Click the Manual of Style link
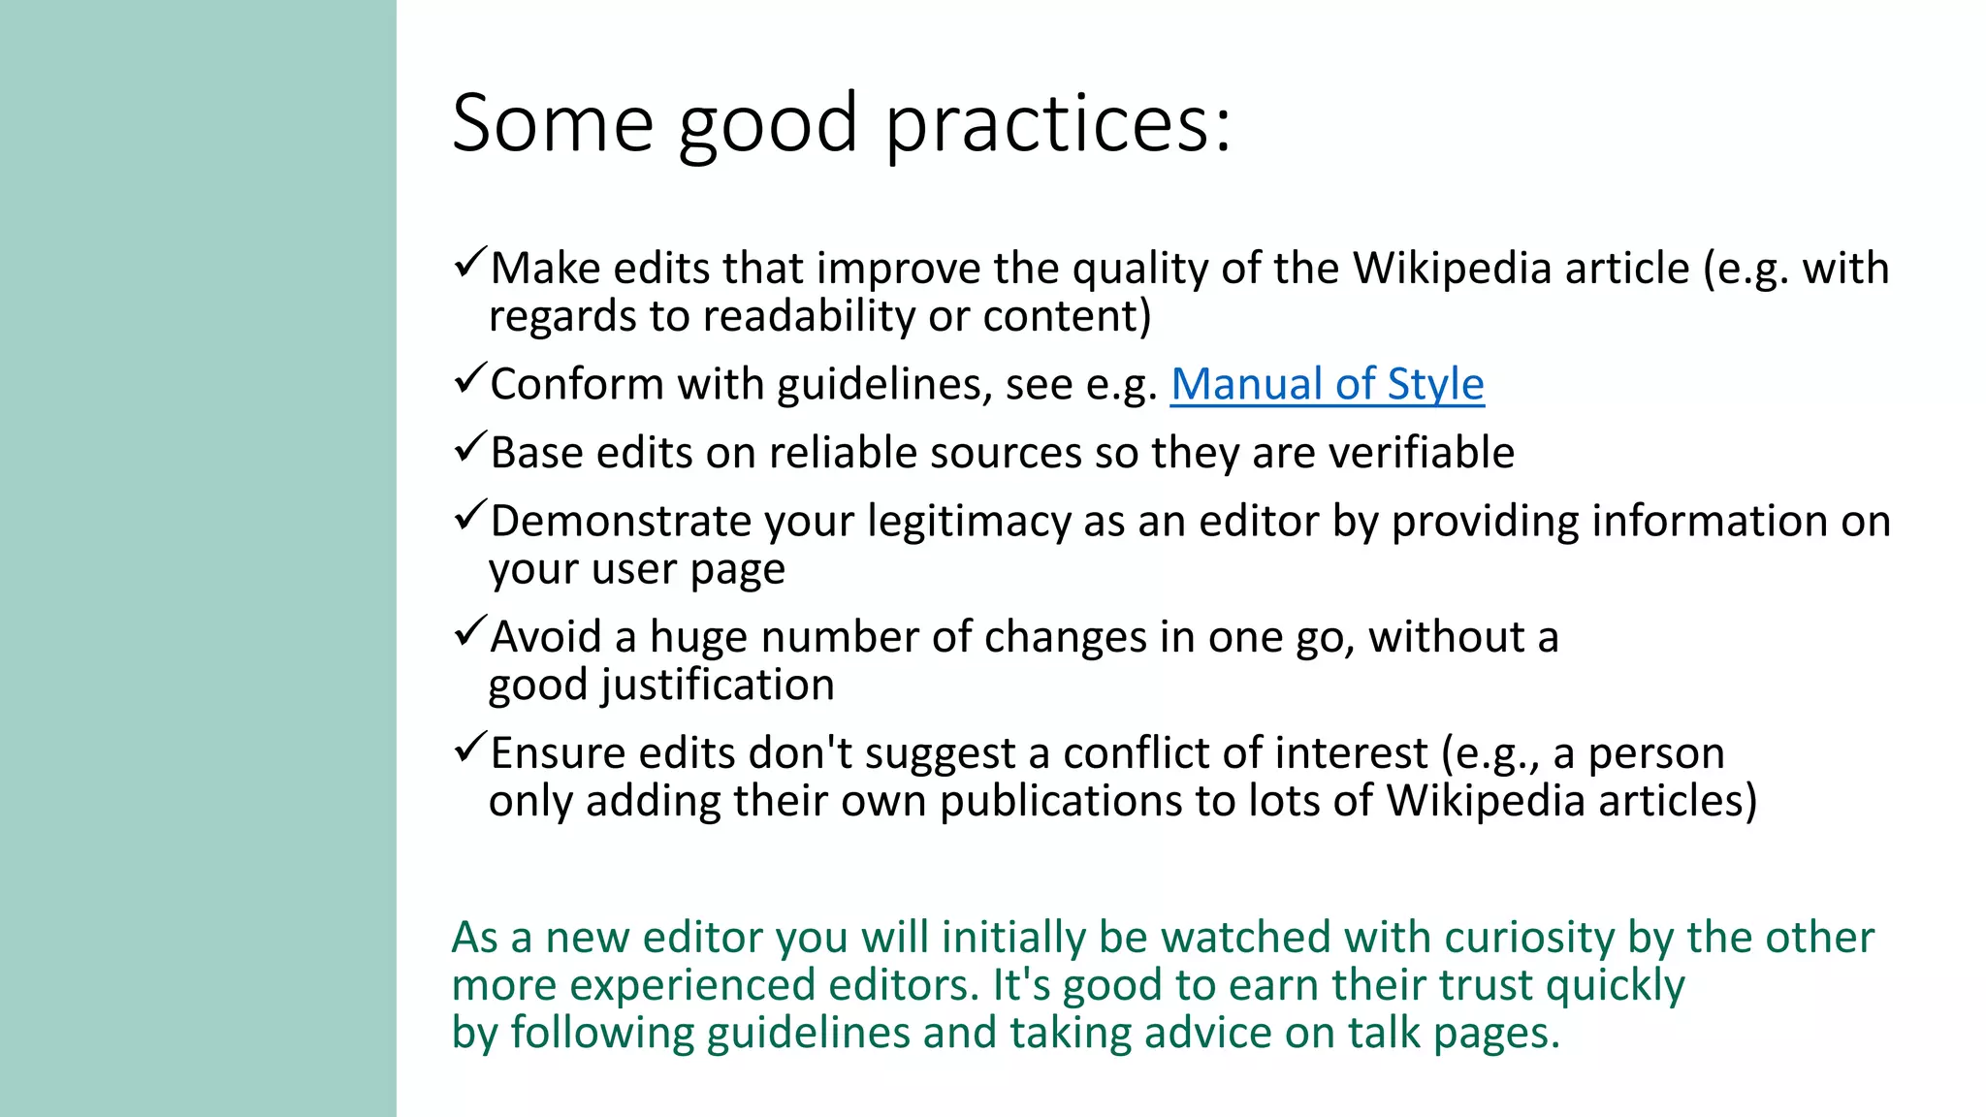click(1327, 384)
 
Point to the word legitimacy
click(970, 522)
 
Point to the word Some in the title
click(553, 124)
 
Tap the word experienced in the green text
click(691, 985)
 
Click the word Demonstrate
click(621, 522)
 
